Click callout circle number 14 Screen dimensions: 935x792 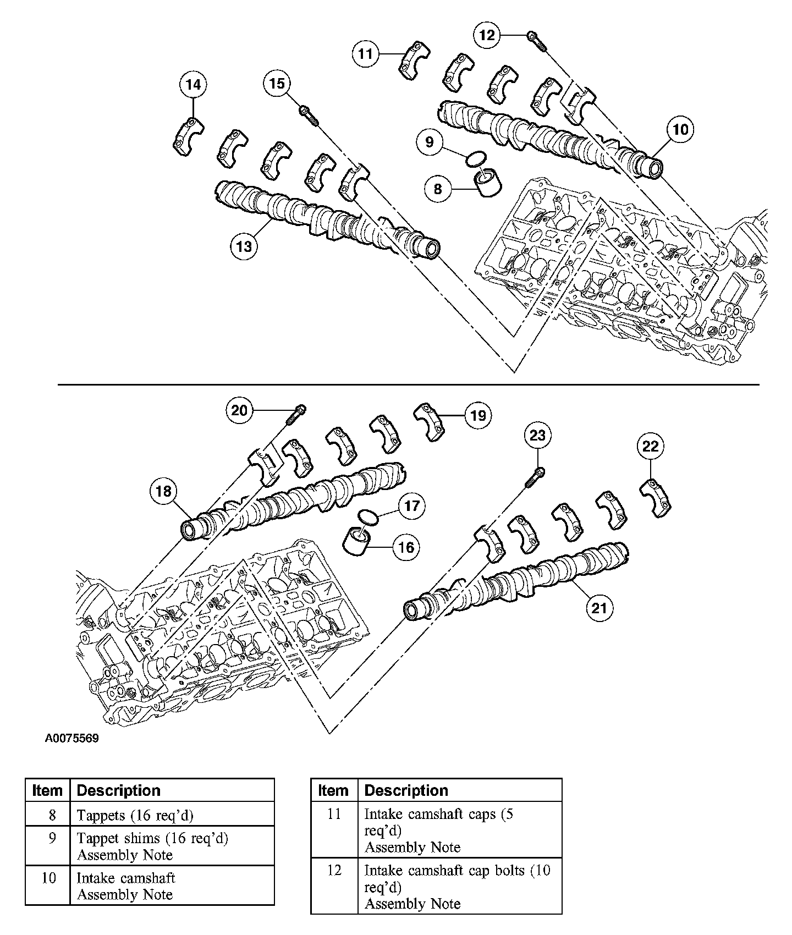coord(193,85)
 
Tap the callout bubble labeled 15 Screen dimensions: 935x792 coord(277,84)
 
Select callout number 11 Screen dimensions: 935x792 coord(366,53)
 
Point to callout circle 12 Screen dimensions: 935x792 coord(487,35)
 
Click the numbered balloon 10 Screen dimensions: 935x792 coord(680,129)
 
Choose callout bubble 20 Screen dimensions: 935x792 coord(240,410)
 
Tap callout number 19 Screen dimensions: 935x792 coord(478,415)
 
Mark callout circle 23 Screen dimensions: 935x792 coord(537,436)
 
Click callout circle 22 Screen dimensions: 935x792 coord(651,446)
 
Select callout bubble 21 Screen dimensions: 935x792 coord(599,608)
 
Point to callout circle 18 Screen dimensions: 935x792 coord(164,491)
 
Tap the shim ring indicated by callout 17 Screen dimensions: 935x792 coord(368,516)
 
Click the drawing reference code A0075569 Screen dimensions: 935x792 coord(72,739)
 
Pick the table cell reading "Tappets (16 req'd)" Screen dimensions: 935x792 coord(135,815)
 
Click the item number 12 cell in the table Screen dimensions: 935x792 coord(334,871)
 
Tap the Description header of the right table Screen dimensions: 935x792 coord(406,790)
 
